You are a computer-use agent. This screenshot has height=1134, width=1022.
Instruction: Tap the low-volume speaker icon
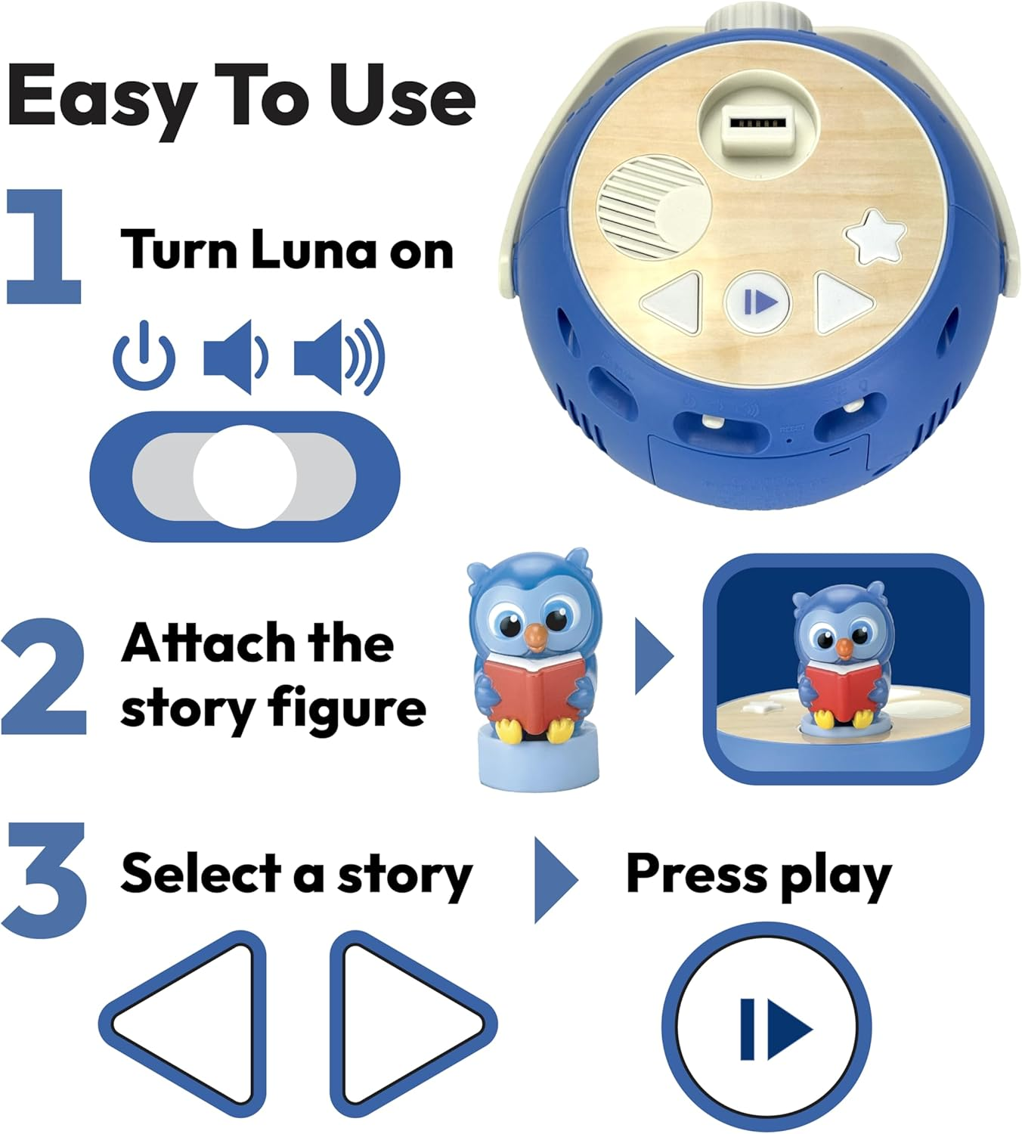coord(234,356)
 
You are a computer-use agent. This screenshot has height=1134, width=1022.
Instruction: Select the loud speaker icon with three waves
coord(339,356)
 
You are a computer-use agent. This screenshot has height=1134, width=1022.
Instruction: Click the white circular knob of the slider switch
coord(244,477)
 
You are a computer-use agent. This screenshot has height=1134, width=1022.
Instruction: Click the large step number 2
coord(44,677)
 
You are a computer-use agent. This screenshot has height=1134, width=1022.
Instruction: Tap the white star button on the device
coord(875,237)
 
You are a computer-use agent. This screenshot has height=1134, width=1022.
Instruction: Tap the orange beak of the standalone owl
coord(535,637)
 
